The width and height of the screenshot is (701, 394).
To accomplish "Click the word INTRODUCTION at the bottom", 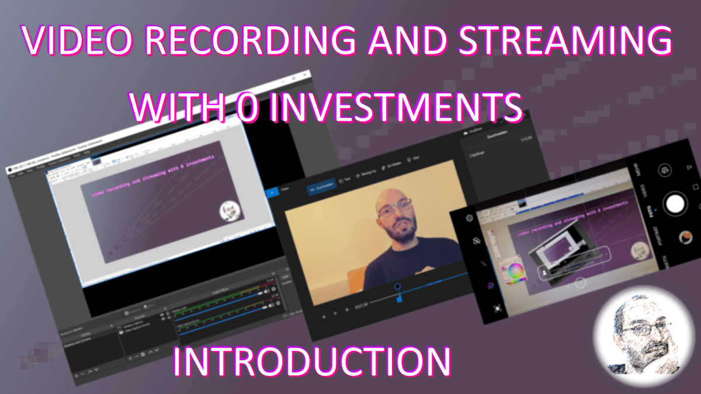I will (x=312, y=362).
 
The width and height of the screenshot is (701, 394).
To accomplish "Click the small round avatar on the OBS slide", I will (x=228, y=211).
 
